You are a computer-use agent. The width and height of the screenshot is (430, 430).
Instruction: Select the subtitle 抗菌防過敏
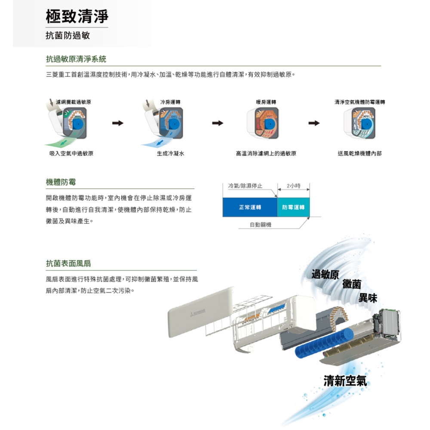(68, 36)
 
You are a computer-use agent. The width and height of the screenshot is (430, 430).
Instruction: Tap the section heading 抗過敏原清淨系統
(76, 59)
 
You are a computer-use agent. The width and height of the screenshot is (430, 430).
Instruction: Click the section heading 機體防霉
(61, 182)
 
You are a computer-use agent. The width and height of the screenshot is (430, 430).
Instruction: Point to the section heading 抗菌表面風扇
(68, 263)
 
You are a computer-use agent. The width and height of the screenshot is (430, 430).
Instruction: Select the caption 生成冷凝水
(170, 153)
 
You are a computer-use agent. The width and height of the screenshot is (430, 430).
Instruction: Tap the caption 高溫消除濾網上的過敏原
(266, 153)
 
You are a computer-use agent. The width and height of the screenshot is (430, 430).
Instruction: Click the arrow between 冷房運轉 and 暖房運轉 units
(217, 124)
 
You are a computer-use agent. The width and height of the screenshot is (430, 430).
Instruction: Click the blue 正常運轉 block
(250, 207)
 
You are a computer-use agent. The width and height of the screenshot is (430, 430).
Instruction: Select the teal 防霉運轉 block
(293, 207)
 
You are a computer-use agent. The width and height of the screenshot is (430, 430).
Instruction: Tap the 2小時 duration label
(293, 186)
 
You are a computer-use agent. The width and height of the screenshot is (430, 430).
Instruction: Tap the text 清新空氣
(346, 381)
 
